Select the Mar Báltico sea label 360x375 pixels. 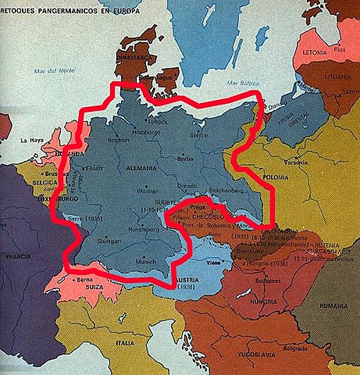(238, 80)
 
